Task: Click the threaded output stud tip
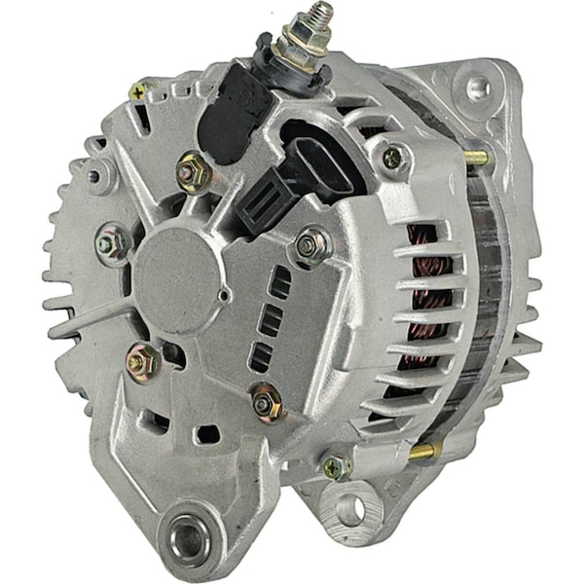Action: (318, 12)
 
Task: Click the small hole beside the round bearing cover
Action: (225, 294)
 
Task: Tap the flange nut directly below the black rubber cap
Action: (191, 172)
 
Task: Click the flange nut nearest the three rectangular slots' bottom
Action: (266, 401)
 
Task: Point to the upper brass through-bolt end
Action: (476, 156)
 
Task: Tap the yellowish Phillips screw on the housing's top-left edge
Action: (138, 91)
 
